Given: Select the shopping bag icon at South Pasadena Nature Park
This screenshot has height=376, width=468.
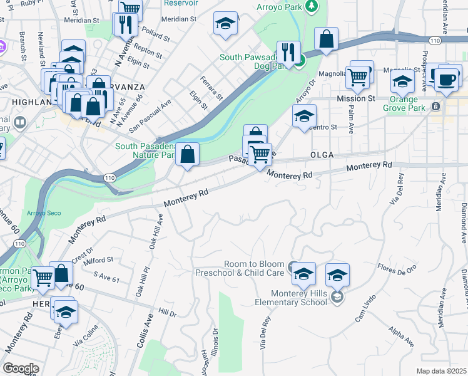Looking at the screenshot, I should [188, 153].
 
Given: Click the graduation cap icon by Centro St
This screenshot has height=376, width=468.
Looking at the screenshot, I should [304, 115].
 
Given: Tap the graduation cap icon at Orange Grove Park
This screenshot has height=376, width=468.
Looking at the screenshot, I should [402, 82].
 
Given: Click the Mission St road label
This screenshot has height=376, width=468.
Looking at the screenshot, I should [355, 98].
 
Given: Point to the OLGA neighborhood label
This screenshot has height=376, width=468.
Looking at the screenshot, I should [322, 154].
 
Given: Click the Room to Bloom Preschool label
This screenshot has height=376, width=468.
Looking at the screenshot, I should [242, 268].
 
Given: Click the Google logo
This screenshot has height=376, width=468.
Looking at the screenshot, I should [20, 368].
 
